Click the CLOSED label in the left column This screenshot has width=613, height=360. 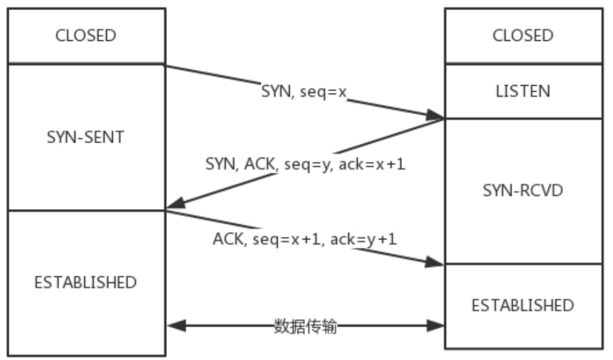point(86,36)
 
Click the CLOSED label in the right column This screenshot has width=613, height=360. point(523,36)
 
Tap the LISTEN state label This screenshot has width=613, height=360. point(523,92)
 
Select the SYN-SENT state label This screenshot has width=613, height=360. point(86,137)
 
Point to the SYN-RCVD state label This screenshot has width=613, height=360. point(523,191)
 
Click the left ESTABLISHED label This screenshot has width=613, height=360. point(86,282)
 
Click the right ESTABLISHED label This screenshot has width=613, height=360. point(523,305)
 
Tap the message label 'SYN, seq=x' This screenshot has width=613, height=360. point(304,92)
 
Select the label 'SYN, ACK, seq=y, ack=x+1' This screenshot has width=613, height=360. point(306,164)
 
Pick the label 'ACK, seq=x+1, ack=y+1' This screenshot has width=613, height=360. point(305,239)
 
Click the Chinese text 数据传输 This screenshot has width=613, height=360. point(305,326)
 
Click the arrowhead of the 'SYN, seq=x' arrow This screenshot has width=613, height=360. point(435,115)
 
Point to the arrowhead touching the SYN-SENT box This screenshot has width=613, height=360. point(175,203)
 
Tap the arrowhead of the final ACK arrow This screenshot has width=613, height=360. point(434,262)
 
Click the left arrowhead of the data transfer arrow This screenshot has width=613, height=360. point(177,326)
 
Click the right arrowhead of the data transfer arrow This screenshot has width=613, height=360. point(435,326)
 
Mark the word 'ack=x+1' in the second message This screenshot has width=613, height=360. point(371,164)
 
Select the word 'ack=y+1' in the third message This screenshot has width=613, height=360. point(364,239)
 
